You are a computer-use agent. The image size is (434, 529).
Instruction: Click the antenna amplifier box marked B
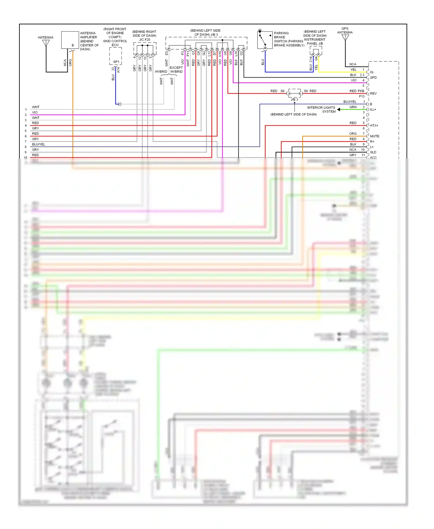coord(70,40)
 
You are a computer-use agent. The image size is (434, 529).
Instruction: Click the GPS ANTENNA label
coord(345,31)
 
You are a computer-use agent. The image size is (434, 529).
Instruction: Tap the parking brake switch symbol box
coord(265,40)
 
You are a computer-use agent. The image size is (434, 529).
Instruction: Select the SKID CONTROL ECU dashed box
coord(115,56)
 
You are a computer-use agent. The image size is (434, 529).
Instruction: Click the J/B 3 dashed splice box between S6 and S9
coord(295,93)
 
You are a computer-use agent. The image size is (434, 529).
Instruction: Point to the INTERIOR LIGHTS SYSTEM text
coord(321,109)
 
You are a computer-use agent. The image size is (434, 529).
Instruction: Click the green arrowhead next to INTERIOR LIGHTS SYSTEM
coord(339,109)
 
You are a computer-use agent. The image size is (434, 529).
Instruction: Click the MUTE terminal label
coord(374,136)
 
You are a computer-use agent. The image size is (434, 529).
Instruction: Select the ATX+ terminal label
coord(374,126)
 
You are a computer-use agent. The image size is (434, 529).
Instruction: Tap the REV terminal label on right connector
coord(373,93)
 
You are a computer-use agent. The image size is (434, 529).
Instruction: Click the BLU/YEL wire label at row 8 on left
coord(38,144)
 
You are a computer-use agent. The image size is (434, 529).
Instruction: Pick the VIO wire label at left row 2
coord(35,112)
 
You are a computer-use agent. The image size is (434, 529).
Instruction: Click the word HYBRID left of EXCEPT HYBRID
coord(161,72)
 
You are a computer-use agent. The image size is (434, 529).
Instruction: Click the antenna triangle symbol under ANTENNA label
coord(46,43)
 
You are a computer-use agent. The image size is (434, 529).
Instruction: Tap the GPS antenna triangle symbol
coord(345,38)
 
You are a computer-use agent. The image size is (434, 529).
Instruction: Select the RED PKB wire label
coord(357,91)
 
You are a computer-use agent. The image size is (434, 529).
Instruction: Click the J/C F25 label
coord(145,40)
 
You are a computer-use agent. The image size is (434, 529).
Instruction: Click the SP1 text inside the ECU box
coord(116,62)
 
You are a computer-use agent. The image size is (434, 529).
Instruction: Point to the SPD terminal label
coord(373,78)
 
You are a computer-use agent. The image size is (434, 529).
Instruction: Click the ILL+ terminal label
coord(373,110)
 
